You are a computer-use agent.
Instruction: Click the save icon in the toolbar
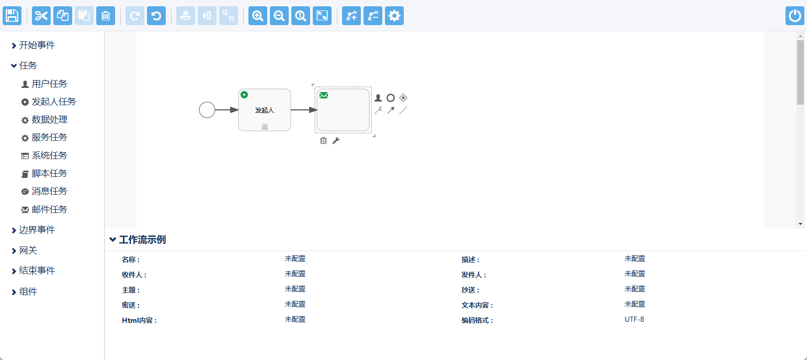(x=12, y=16)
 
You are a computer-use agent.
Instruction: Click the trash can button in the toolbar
(x=106, y=16)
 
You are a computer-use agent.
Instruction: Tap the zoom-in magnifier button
(x=258, y=16)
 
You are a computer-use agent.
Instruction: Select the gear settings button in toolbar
(x=394, y=16)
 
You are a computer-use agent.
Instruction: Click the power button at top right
(x=795, y=16)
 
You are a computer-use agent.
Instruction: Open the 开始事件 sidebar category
(x=37, y=46)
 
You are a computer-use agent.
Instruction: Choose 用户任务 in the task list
(x=49, y=84)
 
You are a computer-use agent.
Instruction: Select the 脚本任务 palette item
(x=49, y=173)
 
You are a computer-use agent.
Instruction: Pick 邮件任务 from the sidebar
(x=49, y=209)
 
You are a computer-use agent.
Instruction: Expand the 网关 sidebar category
(x=28, y=251)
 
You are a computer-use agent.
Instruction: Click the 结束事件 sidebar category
(x=37, y=271)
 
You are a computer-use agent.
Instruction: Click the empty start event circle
(x=207, y=110)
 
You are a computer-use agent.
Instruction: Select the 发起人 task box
(x=265, y=110)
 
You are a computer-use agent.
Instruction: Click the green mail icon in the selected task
(x=324, y=95)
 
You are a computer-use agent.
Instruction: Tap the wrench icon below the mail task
(x=336, y=140)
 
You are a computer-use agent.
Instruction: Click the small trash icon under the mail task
(x=324, y=140)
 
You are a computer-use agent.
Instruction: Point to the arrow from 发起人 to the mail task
(x=303, y=110)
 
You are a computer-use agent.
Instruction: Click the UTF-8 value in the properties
(x=634, y=319)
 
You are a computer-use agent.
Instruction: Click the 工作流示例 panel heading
(x=142, y=240)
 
